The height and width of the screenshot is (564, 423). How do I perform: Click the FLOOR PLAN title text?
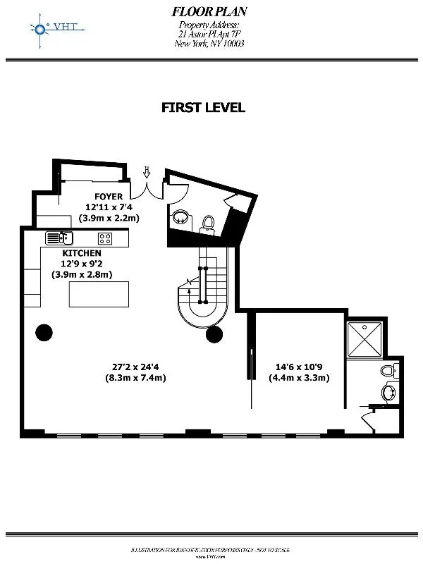tap(209, 11)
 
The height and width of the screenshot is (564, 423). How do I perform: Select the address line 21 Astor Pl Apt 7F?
tap(209, 35)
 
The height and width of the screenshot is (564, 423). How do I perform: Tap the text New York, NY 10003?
tap(209, 44)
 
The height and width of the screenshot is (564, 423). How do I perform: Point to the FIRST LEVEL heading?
tap(203, 108)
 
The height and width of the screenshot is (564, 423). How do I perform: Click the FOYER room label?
tap(109, 196)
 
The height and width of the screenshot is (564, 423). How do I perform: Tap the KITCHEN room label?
tap(82, 252)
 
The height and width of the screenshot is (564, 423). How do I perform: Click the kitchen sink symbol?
tap(59, 238)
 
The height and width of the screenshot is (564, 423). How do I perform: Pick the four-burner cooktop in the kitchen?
tap(106, 238)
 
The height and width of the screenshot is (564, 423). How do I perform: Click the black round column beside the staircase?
tap(215, 333)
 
